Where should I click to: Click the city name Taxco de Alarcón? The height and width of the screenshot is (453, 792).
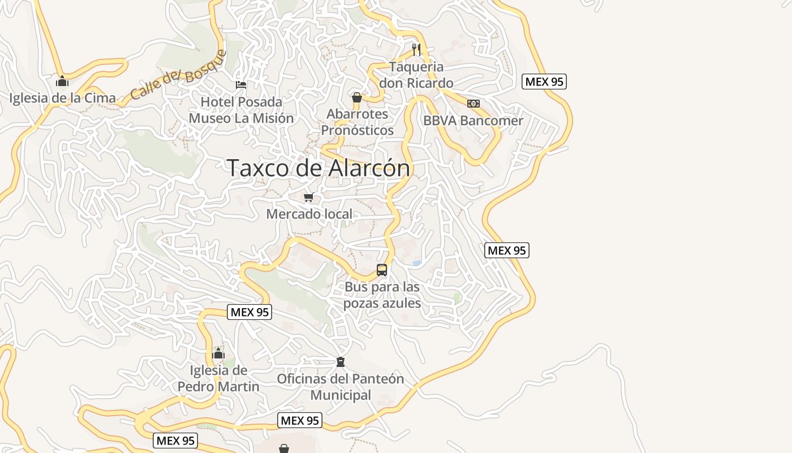click(318, 168)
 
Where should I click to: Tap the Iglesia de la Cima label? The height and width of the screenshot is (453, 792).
click(62, 98)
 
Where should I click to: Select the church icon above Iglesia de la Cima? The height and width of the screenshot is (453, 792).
click(62, 82)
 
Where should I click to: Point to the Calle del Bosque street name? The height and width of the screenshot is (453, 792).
click(178, 75)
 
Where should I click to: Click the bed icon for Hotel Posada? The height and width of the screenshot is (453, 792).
click(241, 85)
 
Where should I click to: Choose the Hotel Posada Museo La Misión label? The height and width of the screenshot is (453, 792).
click(241, 110)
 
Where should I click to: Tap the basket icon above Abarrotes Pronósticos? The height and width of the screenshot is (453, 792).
click(357, 97)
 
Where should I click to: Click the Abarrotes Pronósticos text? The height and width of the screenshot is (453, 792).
click(357, 122)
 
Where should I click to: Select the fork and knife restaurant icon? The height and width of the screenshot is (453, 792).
click(416, 49)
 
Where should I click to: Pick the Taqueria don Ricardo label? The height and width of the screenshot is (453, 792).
click(416, 75)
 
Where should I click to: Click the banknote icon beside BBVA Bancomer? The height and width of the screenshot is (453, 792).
click(474, 104)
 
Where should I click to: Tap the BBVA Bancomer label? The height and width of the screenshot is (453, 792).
click(474, 121)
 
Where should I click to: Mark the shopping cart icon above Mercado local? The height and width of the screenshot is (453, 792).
click(308, 197)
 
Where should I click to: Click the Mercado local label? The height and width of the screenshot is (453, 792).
click(309, 214)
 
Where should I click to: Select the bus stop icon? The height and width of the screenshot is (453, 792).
click(382, 270)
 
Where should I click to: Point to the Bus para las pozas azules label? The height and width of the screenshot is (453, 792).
click(382, 295)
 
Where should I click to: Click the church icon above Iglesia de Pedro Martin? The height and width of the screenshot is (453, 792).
click(218, 354)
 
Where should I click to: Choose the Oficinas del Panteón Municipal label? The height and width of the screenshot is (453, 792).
click(341, 387)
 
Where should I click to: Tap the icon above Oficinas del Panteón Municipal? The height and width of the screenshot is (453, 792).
click(341, 362)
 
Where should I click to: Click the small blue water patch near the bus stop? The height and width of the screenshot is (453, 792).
click(417, 263)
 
